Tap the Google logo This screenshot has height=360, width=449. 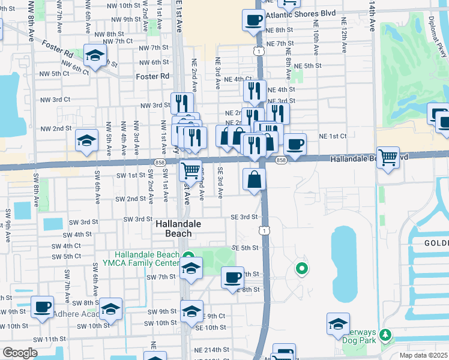coord(20,353)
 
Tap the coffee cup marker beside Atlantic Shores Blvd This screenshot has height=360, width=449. coord(253,21)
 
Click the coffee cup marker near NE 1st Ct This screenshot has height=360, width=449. coord(295,144)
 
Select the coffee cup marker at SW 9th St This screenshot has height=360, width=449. coord(42,307)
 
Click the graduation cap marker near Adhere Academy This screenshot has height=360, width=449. coord(110,309)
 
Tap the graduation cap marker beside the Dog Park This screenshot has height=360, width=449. coord(338,324)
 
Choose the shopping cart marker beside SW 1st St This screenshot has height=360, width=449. coord(190,170)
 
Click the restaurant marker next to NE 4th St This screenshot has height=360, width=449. coord(255,91)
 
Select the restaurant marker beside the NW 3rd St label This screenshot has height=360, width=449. coord(182,103)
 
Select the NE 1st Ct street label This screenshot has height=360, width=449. coord(333,136)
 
